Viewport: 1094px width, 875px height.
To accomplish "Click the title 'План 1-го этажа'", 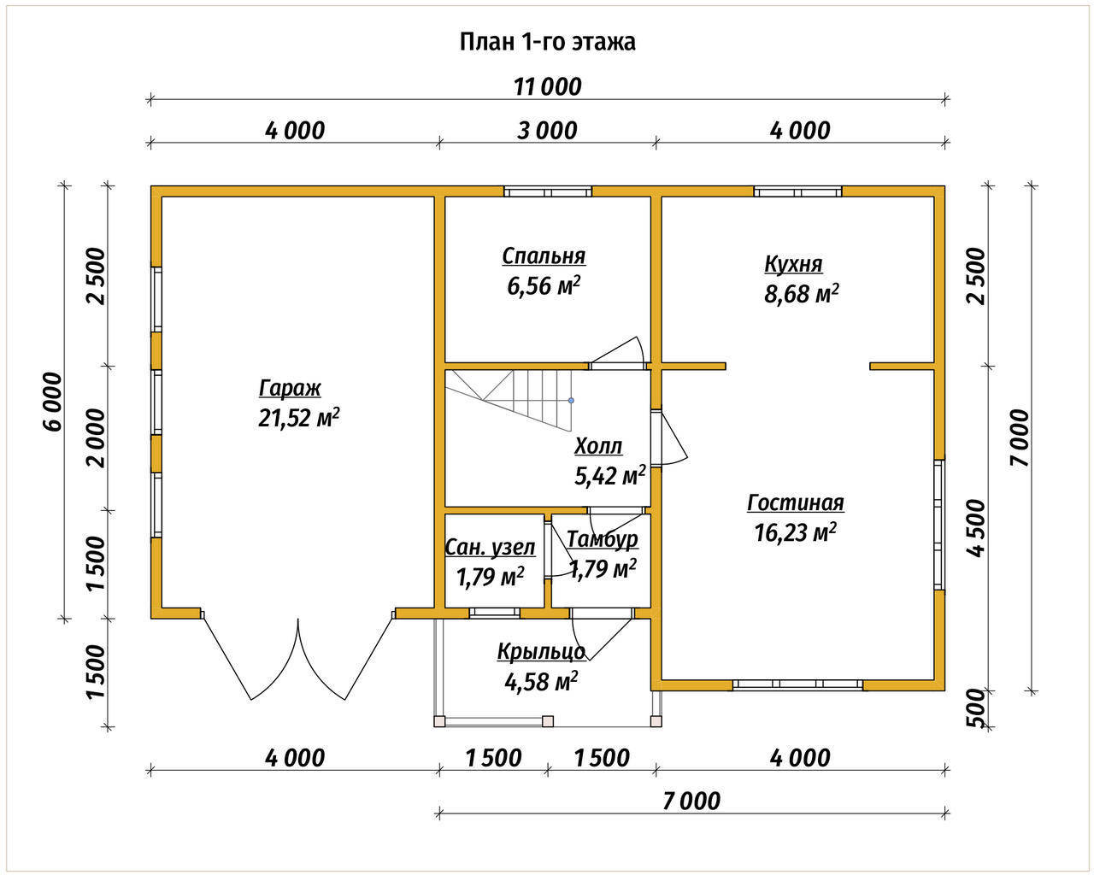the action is pyautogui.click(x=548, y=42).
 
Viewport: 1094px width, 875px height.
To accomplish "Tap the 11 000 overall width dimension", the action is pyautogui.click(x=548, y=87).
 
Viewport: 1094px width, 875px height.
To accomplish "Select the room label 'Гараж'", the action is pyautogui.click(x=290, y=389).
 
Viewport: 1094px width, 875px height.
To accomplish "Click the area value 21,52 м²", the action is pyautogui.click(x=299, y=418).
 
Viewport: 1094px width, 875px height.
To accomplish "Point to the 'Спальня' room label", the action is pyautogui.click(x=544, y=256).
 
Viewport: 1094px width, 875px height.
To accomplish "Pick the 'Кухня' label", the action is pyautogui.click(x=793, y=264).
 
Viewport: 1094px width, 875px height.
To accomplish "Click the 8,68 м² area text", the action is pyautogui.click(x=801, y=293).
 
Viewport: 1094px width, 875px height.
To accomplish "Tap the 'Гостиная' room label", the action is pyautogui.click(x=796, y=502).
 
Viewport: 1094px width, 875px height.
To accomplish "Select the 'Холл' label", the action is pyautogui.click(x=598, y=446).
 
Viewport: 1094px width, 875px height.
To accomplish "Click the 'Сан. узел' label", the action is pyautogui.click(x=490, y=548).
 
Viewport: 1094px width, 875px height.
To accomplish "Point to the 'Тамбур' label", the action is pyautogui.click(x=603, y=539).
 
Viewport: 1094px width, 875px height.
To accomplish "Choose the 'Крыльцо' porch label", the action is pyautogui.click(x=541, y=652).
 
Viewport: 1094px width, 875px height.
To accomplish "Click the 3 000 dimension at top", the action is pyautogui.click(x=547, y=131).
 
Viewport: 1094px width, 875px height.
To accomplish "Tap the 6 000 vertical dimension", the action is pyautogui.click(x=53, y=402).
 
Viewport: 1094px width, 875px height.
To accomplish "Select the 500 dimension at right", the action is pyautogui.click(x=974, y=708).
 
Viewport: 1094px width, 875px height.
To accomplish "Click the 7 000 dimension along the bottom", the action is pyautogui.click(x=691, y=802).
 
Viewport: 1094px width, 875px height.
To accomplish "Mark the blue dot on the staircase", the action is pyautogui.click(x=572, y=401).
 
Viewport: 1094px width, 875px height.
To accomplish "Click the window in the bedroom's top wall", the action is pyautogui.click(x=548, y=191).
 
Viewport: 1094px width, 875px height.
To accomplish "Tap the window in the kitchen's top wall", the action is pyautogui.click(x=797, y=191).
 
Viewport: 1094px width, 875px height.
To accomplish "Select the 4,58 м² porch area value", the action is pyautogui.click(x=541, y=682).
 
